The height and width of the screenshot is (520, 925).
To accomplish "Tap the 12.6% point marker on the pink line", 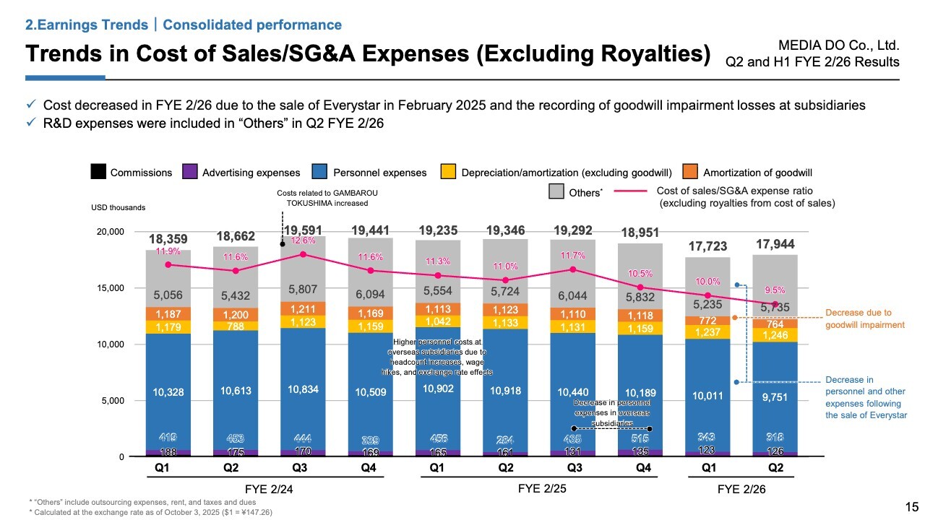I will pos(303,254).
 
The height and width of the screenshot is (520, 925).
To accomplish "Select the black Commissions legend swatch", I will pos(98,173).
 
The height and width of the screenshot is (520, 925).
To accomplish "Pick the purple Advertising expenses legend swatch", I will pos(190,173).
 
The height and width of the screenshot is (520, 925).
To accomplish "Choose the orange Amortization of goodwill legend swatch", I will pos(691,173).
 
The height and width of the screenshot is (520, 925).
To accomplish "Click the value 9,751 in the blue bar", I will pos(775,396).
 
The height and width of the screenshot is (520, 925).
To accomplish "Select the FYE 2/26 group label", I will pos(741,489).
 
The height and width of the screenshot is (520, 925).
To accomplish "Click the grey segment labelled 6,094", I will pos(371,293).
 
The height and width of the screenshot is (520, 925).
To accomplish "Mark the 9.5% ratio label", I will pos(775,290).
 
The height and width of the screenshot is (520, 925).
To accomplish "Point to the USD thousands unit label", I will pos(119,207).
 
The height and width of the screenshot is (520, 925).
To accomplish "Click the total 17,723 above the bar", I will pos(707,246).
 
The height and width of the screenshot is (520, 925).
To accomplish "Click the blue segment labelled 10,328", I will pos(168,392).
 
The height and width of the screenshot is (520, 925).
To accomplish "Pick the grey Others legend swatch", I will pos(556,191).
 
